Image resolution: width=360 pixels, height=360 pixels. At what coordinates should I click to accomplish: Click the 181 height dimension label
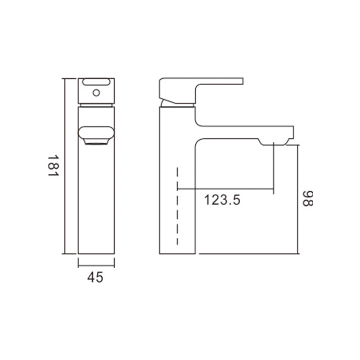[53, 166]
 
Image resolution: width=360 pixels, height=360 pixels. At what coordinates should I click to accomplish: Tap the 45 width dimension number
[95, 277]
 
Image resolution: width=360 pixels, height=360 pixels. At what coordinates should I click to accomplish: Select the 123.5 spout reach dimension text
[222, 200]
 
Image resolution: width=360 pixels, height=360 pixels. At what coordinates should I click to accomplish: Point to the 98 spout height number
[308, 198]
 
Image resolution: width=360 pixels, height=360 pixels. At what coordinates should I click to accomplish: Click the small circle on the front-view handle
[96, 93]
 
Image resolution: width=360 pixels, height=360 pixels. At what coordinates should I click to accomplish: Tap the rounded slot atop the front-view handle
[96, 82]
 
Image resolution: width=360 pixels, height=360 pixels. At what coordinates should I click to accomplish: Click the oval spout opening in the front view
[96, 133]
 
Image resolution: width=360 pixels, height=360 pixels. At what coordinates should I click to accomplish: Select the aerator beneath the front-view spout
[96, 142]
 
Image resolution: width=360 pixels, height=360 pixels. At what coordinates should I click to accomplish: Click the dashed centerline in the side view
[177, 206]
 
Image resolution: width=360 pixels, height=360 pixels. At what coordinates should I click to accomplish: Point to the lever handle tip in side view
[243, 81]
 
